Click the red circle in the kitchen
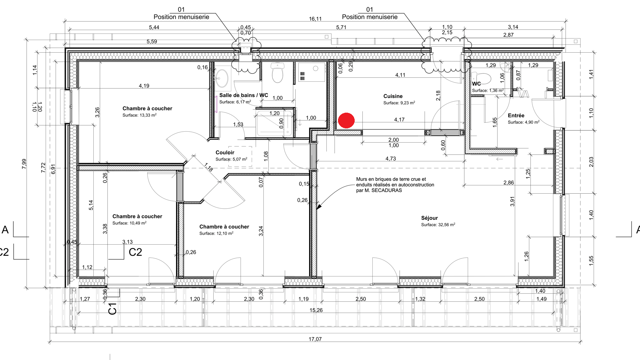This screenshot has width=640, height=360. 346,120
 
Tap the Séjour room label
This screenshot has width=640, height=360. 429,218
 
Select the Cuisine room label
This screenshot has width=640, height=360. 393,96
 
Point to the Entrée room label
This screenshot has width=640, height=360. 516,116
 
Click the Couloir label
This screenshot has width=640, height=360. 225,153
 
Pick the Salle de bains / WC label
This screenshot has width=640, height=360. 244,95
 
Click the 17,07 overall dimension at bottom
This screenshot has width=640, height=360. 315,339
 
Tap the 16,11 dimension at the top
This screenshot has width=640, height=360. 315,19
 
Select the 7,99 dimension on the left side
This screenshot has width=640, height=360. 24,164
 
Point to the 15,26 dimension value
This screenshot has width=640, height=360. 316,310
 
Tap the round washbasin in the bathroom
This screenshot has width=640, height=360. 222,78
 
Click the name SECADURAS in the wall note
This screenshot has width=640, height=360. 386,190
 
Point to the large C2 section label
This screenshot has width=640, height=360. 135,252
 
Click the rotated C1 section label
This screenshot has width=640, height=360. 113,309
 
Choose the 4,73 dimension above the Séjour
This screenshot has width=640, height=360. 391,159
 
